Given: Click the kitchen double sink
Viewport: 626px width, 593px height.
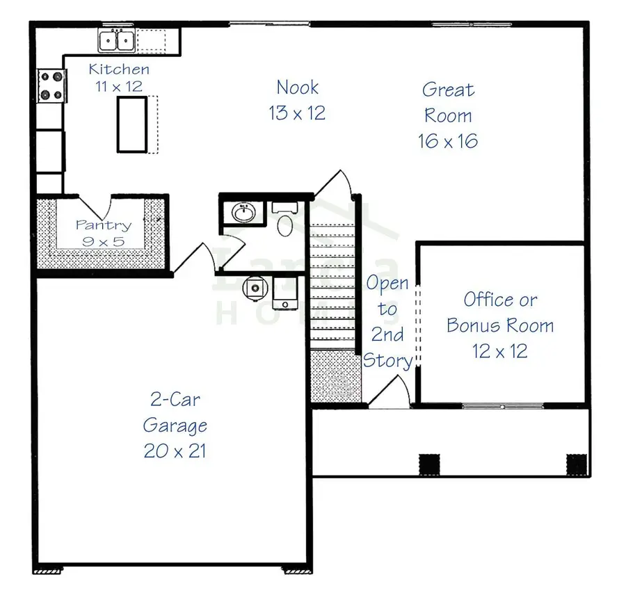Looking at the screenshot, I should tap(116, 41).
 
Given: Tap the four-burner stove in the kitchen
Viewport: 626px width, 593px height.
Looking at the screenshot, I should tap(51, 86).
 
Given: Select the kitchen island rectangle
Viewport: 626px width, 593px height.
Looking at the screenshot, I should tap(131, 124).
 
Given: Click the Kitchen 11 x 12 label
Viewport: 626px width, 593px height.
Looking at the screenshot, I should tap(119, 77).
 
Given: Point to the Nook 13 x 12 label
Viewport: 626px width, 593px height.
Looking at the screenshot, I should tap(297, 99).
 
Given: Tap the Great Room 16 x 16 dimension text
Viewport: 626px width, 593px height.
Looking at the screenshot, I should tap(448, 141).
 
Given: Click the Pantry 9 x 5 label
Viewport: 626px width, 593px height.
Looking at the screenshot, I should tap(103, 233).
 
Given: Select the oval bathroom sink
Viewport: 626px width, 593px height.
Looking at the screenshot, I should tap(243, 213).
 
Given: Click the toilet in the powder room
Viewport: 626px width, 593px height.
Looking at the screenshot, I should tap(285, 222).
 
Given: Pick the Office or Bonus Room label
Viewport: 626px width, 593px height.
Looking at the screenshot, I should tap(500, 312).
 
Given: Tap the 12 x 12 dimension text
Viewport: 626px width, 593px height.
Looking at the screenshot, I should tap(500, 351).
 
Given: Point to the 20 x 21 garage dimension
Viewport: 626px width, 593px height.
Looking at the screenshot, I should tap(175, 450).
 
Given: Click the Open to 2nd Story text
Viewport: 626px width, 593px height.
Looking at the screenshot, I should tap(387, 322).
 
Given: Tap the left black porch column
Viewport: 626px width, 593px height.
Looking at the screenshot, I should tap(429, 462).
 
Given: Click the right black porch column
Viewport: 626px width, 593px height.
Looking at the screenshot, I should tap(577, 462).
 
